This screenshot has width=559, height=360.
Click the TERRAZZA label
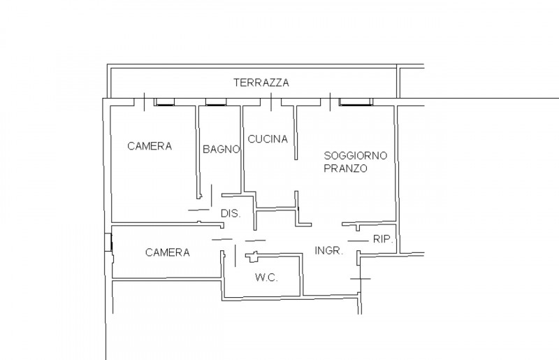(261, 82)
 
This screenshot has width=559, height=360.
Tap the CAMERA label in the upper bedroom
(150, 146)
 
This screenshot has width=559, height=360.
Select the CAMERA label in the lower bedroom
(167, 252)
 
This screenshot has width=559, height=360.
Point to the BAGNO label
(222, 149)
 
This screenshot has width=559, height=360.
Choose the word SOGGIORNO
(355, 155)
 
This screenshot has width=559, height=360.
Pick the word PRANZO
(345, 169)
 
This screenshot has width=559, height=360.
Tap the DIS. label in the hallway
(231, 214)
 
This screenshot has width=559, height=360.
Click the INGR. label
(328, 250)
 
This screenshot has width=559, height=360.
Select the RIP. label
(382, 239)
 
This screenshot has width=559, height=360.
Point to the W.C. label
(266, 278)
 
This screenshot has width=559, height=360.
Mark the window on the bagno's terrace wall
(215, 103)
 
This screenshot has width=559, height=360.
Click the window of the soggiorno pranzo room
(356, 103)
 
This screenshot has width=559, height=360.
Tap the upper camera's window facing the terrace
(166, 103)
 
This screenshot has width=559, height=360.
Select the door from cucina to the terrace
(271, 102)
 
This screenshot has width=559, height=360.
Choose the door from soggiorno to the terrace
(330, 102)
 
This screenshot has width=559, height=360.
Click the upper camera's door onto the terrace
(144, 102)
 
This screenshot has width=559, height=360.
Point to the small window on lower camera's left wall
(108, 242)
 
